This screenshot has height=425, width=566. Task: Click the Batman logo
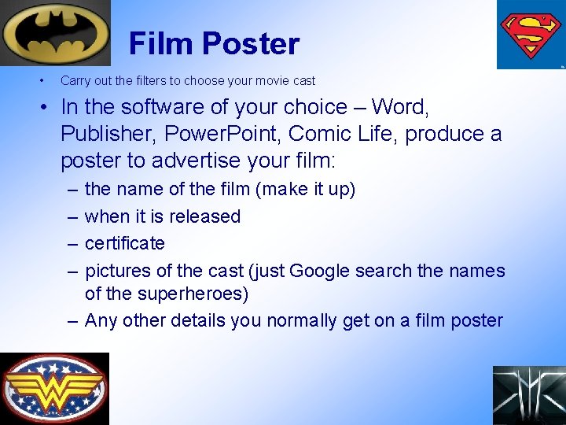click(x=55, y=33)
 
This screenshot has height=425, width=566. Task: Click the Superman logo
click(x=531, y=34)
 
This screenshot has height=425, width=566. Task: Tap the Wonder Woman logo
click(x=54, y=388)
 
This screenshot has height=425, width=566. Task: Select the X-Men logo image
click(x=529, y=395)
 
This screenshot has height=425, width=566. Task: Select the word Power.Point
click(x=229, y=134)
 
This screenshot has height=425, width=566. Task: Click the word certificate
click(x=124, y=243)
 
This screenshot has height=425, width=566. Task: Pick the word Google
click(x=320, y=271)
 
